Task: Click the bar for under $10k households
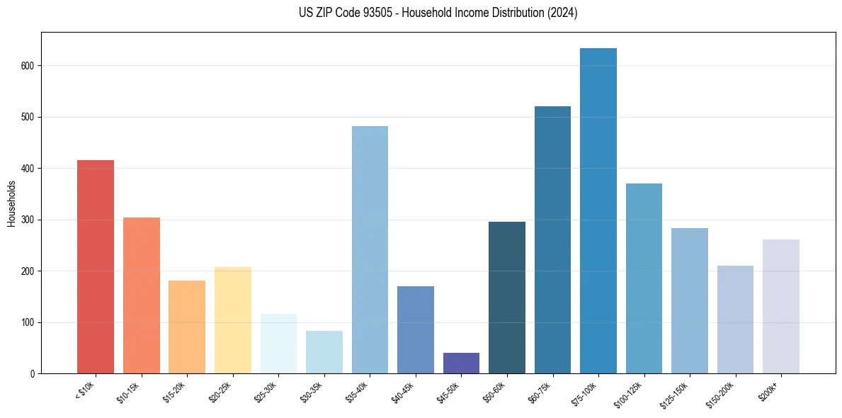pos(96,267)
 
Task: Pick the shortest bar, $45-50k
pos(461,363)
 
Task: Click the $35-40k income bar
pos(370,250)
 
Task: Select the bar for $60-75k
pos(552,240)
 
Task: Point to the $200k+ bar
pos(780,307)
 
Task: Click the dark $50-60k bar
pos(506,298)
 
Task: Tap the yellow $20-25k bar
pos(232,320)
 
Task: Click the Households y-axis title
pos(11,203)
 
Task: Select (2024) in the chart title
pos(562,13)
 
